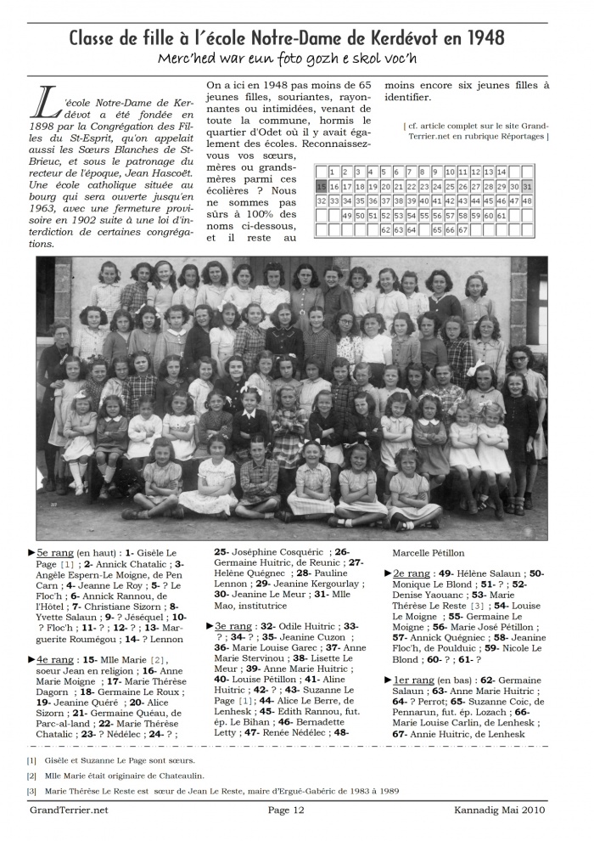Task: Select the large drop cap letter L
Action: pos(42,104)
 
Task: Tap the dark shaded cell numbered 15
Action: pos(321,186)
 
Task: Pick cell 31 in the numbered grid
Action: pos(526,186)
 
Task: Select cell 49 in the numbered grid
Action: pos(347,216)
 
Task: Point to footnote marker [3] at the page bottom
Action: pos(31,791)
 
